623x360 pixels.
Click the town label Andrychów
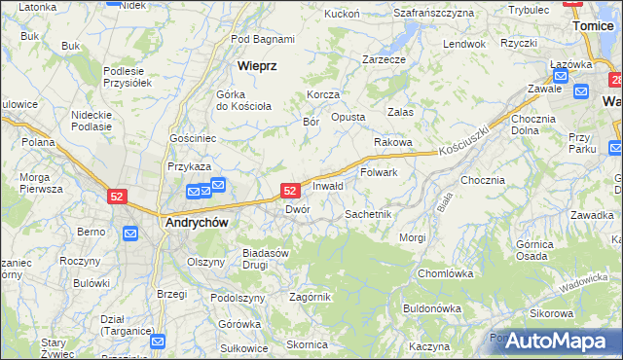pyautogui.click(x=197, y=222)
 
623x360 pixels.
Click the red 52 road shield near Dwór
pyautogui.click(x=290, y=191)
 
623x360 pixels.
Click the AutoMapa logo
pyautogui.click(x=556, y=341)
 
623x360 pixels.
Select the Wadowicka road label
pyautogui.click(x=583, y=283)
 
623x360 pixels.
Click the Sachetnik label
pyautogui.click(x=368, y=213)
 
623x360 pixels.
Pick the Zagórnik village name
pyautogui.click(x=311, y=297)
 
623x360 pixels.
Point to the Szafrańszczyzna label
pyautogui.click(x=433, y=13)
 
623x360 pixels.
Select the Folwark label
pyautogui.click(x=380, y=172)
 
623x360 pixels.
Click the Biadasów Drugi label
pyautogui.click(x=267, y=258)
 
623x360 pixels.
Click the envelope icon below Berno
pyautogui.click(x=130, y=234)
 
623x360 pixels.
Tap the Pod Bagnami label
pyautogui.click(x=263, y=39)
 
